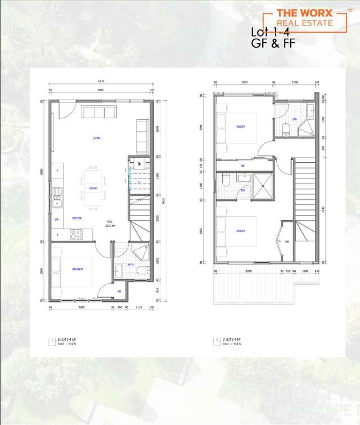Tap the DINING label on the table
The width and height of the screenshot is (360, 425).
pos(94,188)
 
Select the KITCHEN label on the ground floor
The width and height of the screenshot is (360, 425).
pos(77,218)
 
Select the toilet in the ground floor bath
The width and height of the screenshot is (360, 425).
pos(142,271)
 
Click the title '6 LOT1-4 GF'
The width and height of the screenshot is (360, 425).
pos(69,340)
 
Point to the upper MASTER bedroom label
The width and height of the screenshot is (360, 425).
pos(241,126)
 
